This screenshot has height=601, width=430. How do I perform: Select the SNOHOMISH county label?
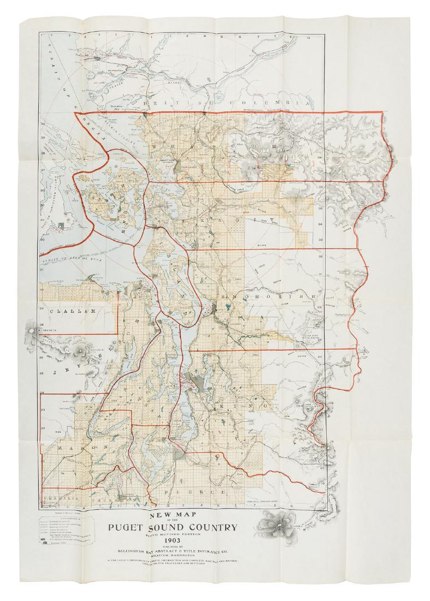tap(260, 296)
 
